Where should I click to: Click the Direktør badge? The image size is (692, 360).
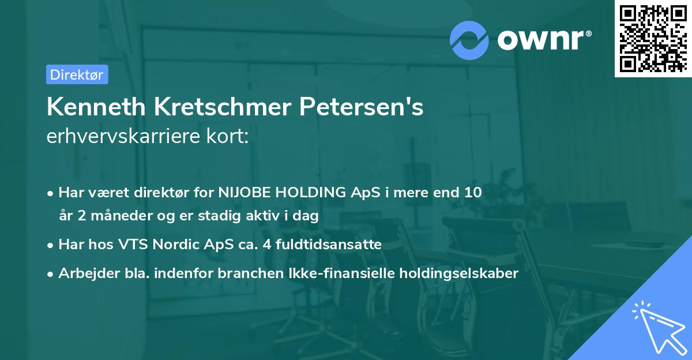[x=77, y=74]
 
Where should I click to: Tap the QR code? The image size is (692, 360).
[x=652, y=38]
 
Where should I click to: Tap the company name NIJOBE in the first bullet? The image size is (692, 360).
[x=243, y=193]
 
